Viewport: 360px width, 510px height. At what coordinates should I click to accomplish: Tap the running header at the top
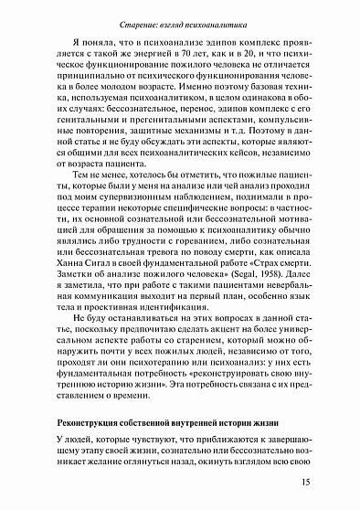[179, 13]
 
